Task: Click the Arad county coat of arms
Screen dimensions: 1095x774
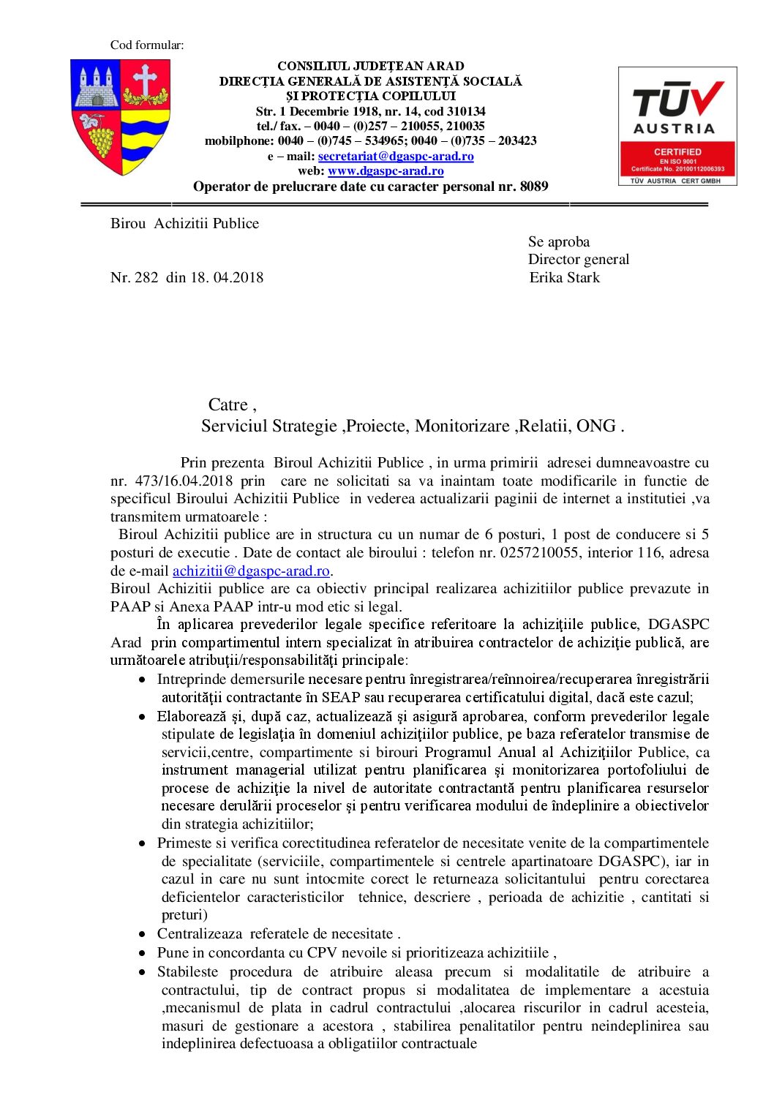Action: (x=121, y=117)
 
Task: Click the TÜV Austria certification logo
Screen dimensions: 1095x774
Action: (x=677, y=126)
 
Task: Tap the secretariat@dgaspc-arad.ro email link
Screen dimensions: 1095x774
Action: (x=396, y=157)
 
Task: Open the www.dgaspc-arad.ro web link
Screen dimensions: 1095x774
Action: (x=386, y=171)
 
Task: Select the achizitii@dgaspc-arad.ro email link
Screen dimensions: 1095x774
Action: (x=251, y=571)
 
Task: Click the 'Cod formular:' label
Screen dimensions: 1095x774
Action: (x=147, y=45)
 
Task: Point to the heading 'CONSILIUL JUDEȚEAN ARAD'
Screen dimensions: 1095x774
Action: (x=370, y=66)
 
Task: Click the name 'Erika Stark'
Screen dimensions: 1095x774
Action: (x=564, y=278)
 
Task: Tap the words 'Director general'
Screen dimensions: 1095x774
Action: (x=578, y=260)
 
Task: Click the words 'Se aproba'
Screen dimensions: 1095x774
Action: (x=558, y=242)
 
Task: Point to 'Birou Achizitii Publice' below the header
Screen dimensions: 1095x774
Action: (x=184, y=224)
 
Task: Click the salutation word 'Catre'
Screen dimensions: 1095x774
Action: (x=228, y=405)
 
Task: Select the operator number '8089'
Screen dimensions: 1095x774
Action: (x=533, y=187)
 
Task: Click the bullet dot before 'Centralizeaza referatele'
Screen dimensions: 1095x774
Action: (x=142, y=935)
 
